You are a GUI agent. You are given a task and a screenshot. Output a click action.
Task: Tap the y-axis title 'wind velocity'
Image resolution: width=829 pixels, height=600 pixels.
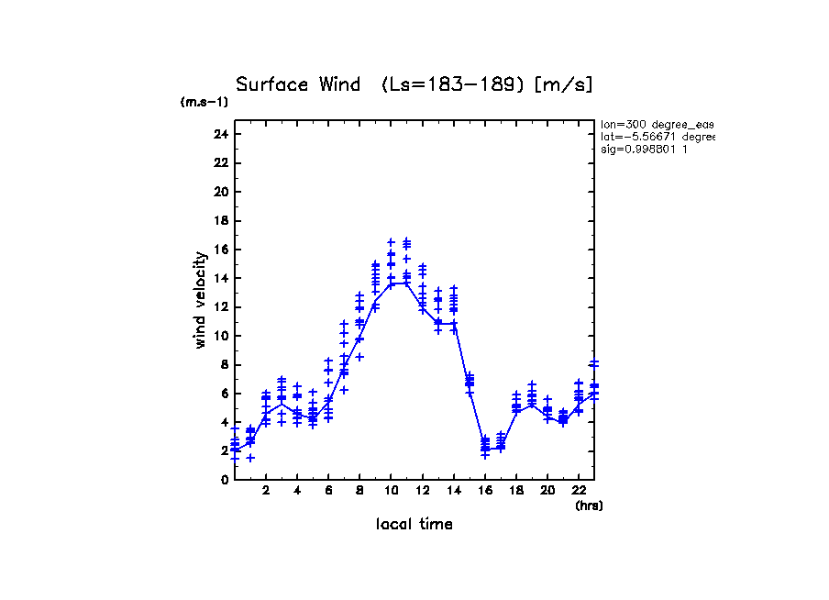pos(200,301)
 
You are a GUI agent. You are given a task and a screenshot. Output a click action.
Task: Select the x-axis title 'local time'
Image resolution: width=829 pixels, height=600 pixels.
pos(414,525)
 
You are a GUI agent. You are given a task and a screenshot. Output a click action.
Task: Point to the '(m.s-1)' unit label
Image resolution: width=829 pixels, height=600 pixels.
pos(204,103)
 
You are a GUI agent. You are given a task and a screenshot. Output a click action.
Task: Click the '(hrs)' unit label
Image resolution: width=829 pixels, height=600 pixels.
pos(589,506)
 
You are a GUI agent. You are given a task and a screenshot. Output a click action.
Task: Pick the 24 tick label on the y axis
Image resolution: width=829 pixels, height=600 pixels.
pos(220,134)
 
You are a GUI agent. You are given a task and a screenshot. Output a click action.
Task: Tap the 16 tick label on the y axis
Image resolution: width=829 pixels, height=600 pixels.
pos(220,250)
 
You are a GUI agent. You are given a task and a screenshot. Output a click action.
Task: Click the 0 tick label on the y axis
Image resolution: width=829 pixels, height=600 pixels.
pos(224,479)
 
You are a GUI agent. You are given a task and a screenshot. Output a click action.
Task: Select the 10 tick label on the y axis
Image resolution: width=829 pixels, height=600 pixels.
pos(220,336)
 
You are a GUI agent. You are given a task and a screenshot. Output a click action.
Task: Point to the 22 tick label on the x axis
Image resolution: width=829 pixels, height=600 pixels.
pos(579,491)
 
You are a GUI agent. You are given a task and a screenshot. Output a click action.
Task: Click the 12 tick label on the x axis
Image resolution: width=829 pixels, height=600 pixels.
pos(422,491)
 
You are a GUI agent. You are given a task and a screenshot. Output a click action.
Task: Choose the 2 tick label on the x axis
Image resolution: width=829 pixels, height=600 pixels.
pos(266,491)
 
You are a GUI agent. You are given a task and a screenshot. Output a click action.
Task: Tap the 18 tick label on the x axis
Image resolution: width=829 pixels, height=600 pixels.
pos(516,491)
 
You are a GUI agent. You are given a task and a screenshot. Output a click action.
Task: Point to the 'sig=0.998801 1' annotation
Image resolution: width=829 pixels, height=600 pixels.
pos(645,149)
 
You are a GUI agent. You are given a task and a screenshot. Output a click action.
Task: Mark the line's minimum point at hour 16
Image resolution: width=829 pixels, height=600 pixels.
pos(485,449)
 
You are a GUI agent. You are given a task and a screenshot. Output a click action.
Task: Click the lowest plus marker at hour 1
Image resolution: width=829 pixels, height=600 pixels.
pos(250,458)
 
